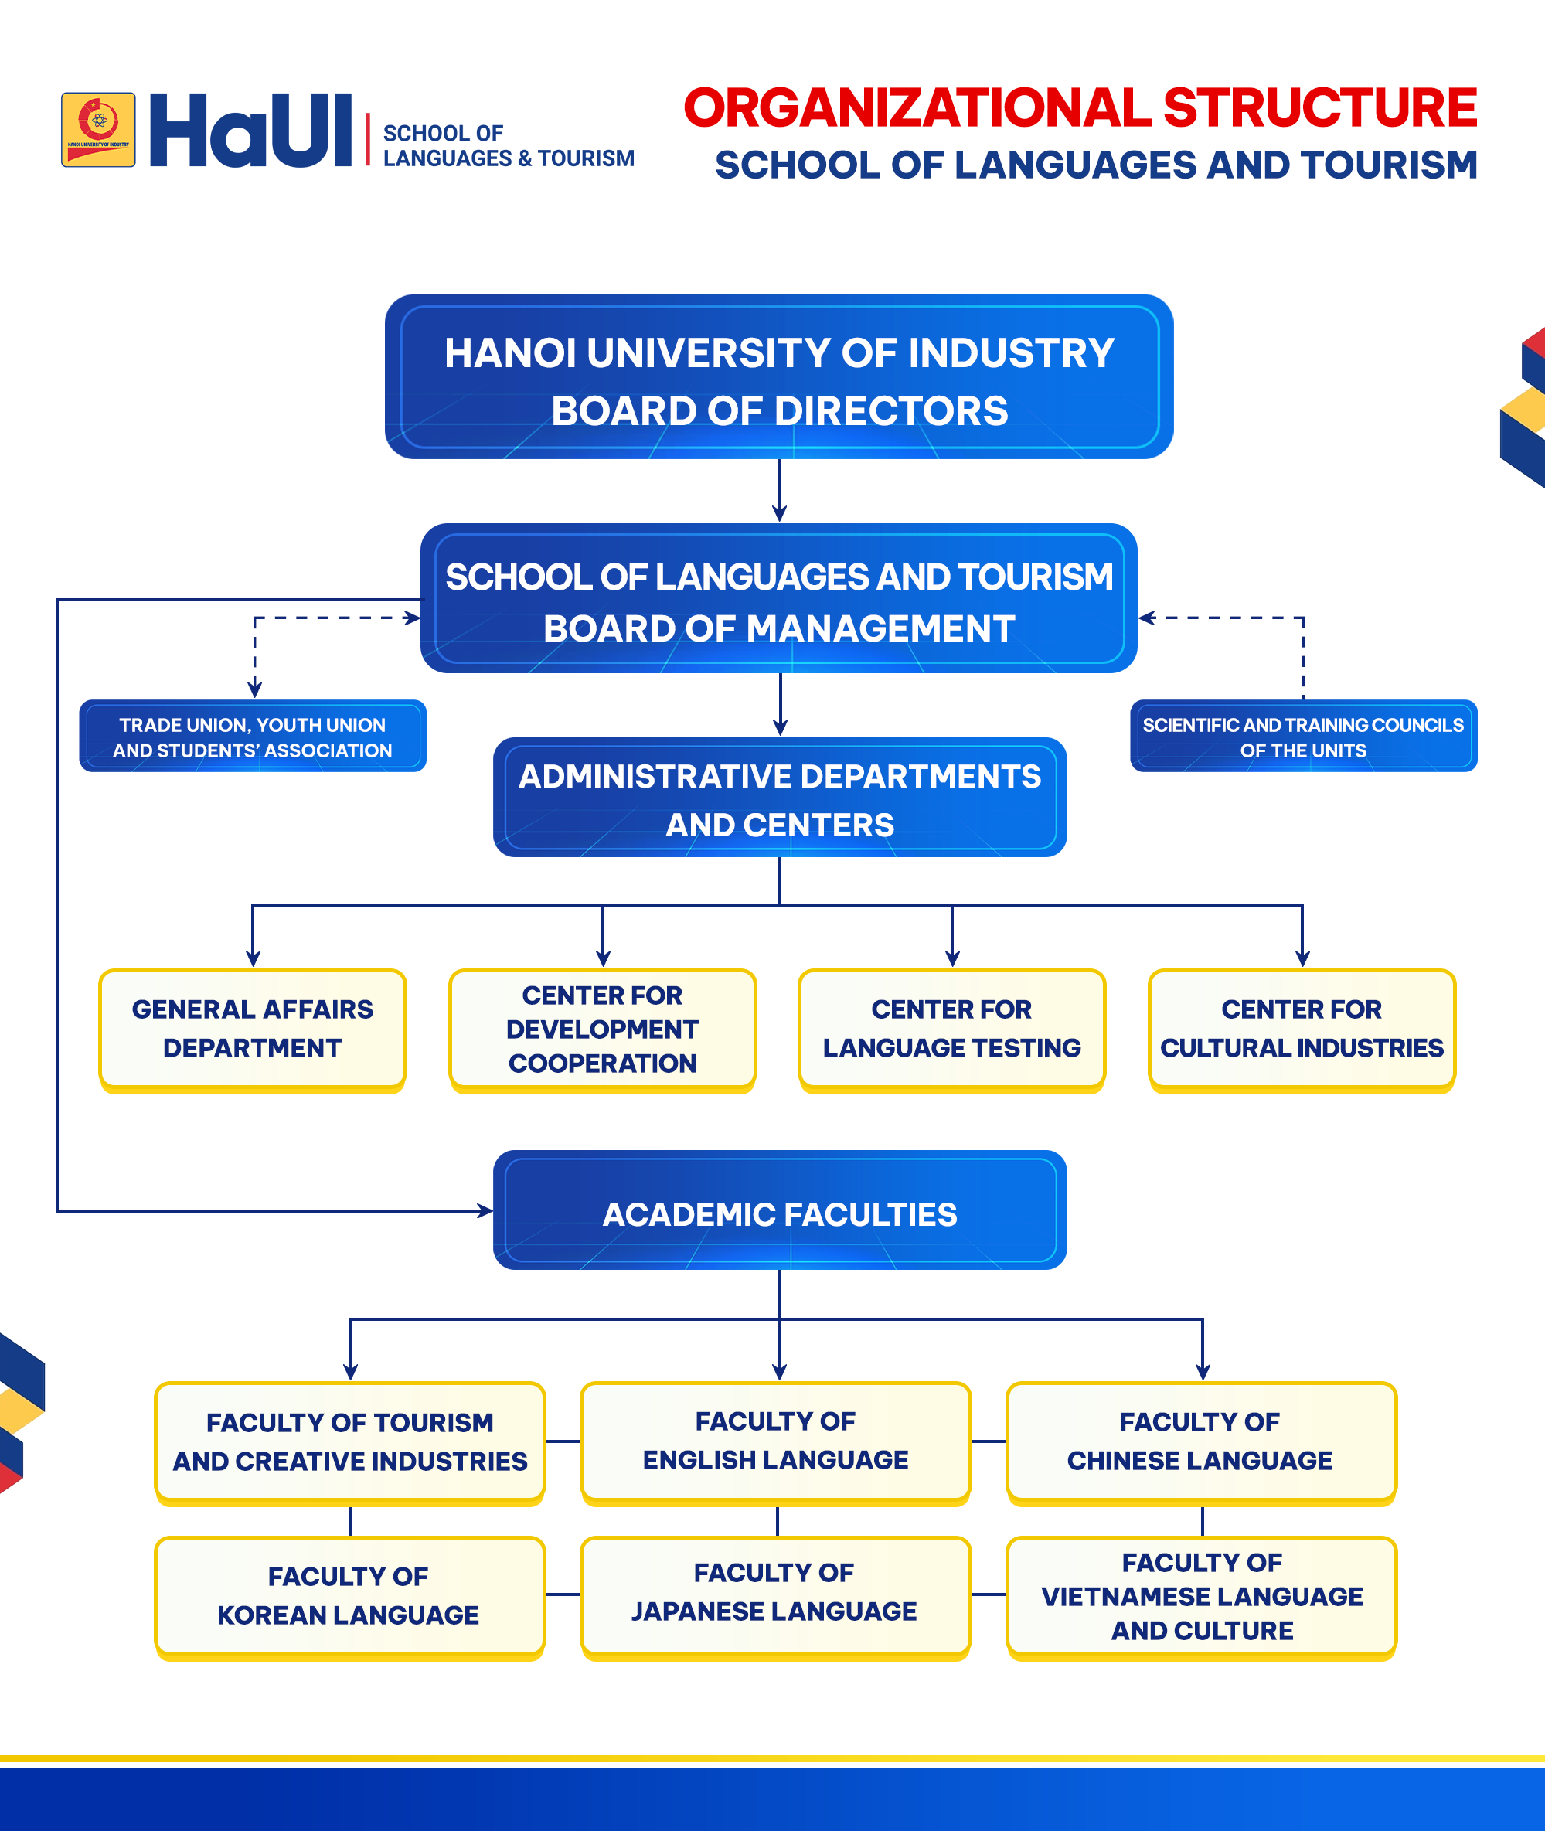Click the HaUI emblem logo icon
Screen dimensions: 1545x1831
[x=98, y=130]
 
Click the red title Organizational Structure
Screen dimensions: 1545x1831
[x=1080, y=107]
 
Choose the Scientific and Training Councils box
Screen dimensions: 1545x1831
[x=1303, y=736]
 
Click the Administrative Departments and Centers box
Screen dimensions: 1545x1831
[x=780, y=797]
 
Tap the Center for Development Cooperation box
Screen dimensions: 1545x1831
[x=603, y=1030]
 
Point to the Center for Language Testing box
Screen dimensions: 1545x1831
[x=952, y=1030]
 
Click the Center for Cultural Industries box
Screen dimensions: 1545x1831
[x=1302, y=1030]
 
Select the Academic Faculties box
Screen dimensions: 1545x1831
[x=780, y=1210]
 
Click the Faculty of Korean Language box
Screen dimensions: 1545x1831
[x=349, y=1598]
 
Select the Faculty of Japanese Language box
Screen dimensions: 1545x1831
[x=776, y=1598]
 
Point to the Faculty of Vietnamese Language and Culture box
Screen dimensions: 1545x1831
[x=1202, y=1598]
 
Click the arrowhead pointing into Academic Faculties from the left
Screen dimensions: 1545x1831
[x=485, y=1211]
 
